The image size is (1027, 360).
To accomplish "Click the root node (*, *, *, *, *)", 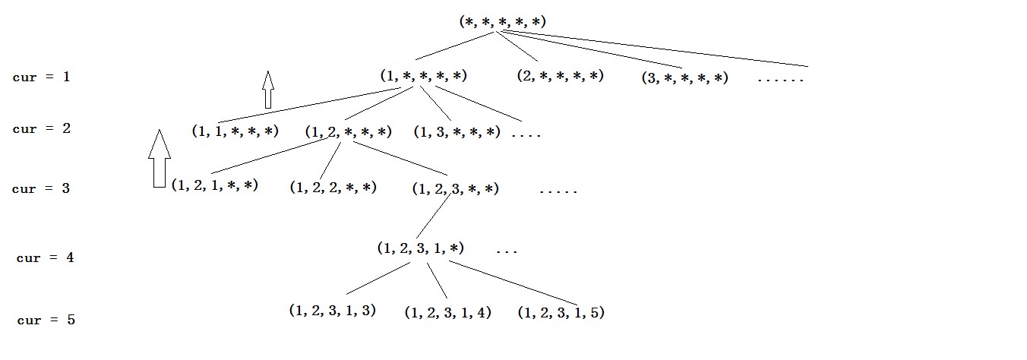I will [502, 21].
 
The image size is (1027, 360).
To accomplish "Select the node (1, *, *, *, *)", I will [423, 75].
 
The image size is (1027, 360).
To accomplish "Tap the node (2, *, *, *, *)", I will [560, 75].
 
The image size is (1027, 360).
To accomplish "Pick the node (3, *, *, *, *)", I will [684, 77].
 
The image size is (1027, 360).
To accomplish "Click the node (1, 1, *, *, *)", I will [235, 131].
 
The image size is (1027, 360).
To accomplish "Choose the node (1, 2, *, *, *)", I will [348, 131].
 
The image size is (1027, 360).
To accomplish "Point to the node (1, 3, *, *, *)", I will [457, 131].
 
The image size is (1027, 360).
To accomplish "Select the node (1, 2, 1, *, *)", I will [215, 185].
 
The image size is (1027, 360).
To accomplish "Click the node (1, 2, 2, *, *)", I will [333, 187].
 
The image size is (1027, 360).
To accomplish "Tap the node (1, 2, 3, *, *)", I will [455, 188].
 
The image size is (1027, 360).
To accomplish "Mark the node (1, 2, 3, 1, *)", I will [420, 248].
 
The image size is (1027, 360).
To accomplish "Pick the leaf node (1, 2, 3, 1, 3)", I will [332, 310].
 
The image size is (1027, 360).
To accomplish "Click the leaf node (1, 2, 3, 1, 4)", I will [447, 312].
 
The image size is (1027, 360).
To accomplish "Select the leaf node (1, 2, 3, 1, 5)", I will [561, 312].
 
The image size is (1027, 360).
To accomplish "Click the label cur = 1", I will [42, 77].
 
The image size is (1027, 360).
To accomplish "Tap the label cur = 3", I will [41, 188].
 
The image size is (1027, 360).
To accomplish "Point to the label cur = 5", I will [46, 320].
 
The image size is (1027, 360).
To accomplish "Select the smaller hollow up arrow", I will [267, 90].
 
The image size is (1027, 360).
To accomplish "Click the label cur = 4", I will [46, 257].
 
